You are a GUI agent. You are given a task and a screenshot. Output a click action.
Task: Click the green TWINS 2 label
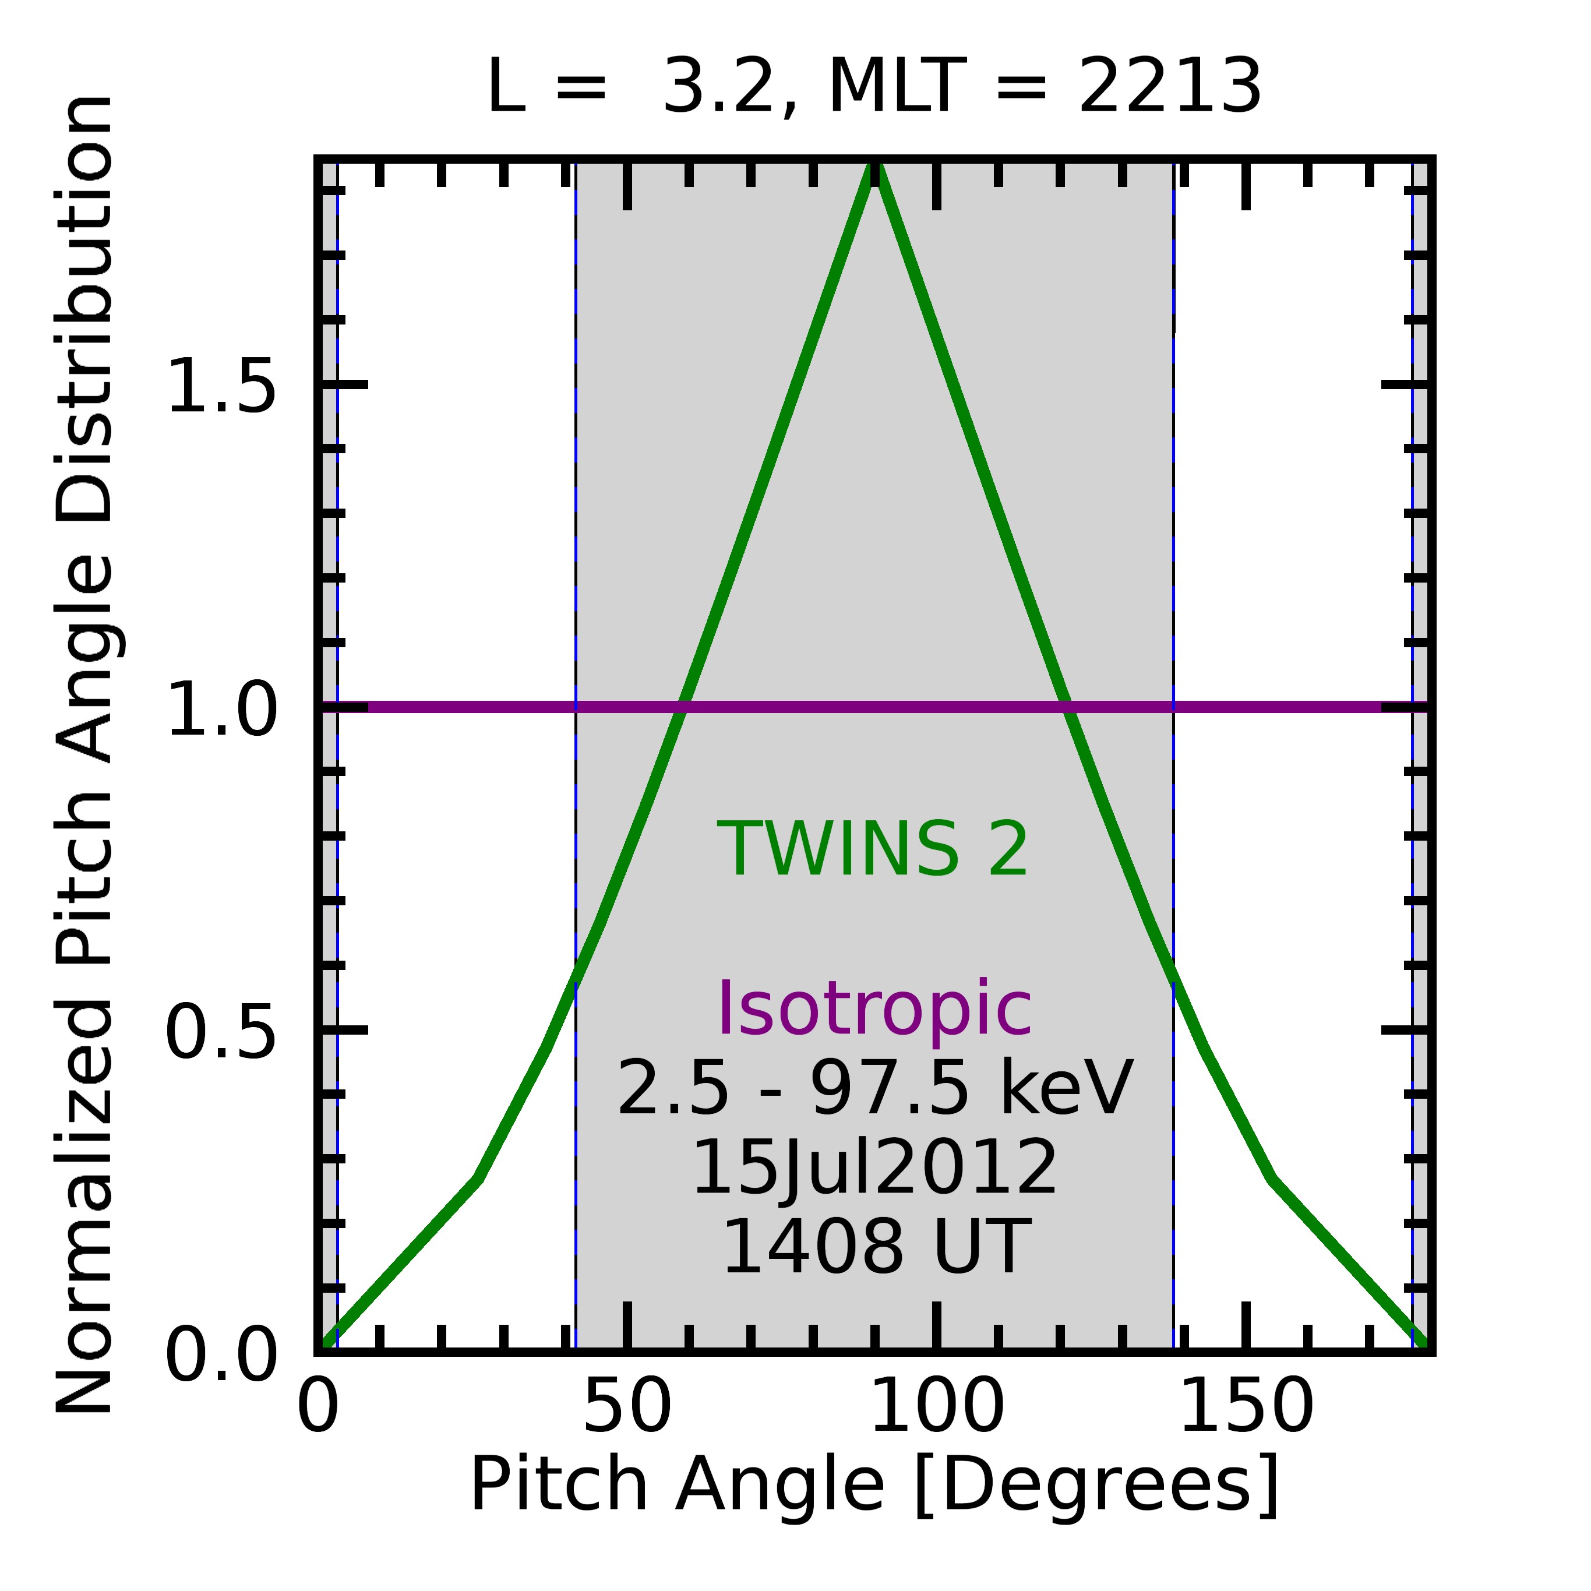pyautogui.click(x=873, y=850)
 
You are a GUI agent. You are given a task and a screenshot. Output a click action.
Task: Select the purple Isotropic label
pyautogui.click(x=874, y=1009)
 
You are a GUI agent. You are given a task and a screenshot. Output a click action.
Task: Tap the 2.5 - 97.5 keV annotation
pyautogui.click(x=874, y=1089)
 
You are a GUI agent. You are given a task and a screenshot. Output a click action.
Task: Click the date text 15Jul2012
pyautogui.click(x=874, y=1167)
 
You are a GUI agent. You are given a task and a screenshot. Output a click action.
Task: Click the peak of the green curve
pyautogui.click(x=874, y=165)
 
